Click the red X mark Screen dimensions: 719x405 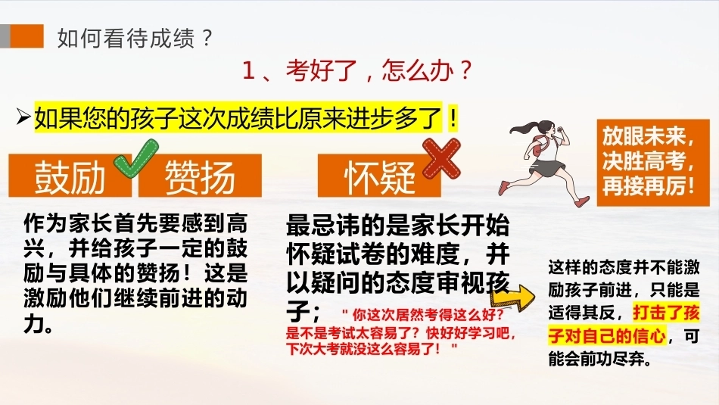441,158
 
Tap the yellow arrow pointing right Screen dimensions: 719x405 512,298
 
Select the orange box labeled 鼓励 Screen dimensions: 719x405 70,176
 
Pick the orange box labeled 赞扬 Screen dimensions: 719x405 200,176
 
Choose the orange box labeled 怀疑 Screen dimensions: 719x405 379,176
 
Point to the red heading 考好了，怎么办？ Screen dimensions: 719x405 356,70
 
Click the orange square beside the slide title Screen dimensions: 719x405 26,36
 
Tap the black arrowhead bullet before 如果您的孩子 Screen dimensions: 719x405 23,117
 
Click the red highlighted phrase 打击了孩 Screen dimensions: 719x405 666,313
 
